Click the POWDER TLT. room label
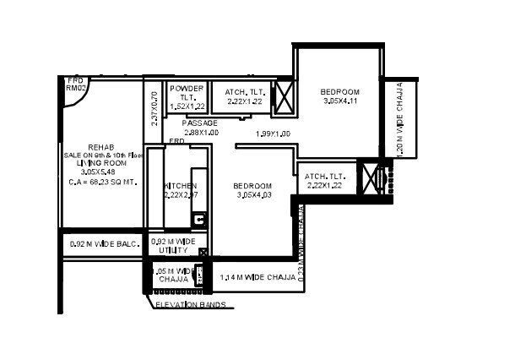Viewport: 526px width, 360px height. click(185, 93)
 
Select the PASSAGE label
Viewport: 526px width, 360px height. click(200, 123)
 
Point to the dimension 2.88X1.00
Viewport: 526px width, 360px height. click(200, 133)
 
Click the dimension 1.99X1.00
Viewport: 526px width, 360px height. click(273, 134)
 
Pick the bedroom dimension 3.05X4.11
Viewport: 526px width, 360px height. click(340, 101)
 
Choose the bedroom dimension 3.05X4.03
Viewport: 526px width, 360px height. click(252, 195)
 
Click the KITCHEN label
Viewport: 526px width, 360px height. click(181, 186)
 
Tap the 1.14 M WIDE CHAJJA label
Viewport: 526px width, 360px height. click(258, 277)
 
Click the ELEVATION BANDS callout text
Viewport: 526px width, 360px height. click(189, 304)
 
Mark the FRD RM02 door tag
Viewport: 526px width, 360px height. click(77, 83)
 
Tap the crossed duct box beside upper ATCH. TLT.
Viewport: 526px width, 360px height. click(285, 96)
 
